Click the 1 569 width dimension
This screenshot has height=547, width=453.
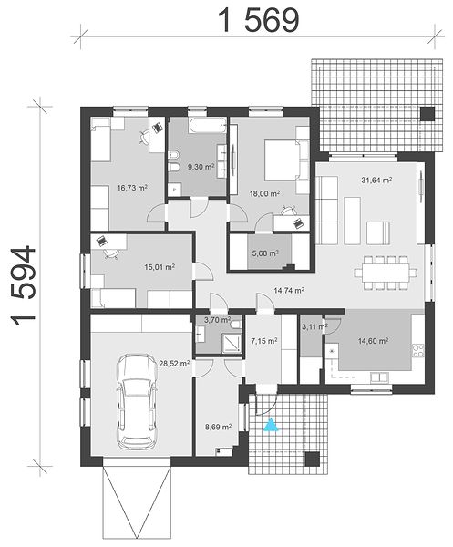click(x=259, y=20)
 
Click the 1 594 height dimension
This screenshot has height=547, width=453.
click(x=24, y=286)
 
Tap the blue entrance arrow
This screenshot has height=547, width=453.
click(x=272, y=425)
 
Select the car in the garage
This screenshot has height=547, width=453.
click(x=137, y=402)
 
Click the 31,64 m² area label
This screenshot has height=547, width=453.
click(x=376, y=181)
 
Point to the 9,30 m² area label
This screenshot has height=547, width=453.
click(x=201, y=167)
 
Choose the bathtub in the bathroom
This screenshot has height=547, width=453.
click(x=207, y=125)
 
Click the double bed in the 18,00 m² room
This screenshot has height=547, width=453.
click(x=283, y=160)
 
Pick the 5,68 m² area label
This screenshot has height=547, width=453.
click(x=265, y=253)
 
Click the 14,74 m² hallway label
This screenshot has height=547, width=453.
click(x=290, y=290)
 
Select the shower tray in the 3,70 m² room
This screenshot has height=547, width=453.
click(x=232, y=344)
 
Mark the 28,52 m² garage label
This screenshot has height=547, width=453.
click(x=174, y=364)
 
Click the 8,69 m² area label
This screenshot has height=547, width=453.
click(x=219, y=427)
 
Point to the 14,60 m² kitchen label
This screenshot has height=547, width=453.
click(x=373, y=341)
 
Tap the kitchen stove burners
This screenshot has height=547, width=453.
click(x=418, y=351)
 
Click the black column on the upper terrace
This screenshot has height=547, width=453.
click(x=427, y=114)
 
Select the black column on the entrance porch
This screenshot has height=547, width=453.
click(x=313, y=459)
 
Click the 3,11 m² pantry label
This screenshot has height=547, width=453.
click(x=314, y=327)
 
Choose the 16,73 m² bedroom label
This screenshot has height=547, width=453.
click(x=132, y=188)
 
